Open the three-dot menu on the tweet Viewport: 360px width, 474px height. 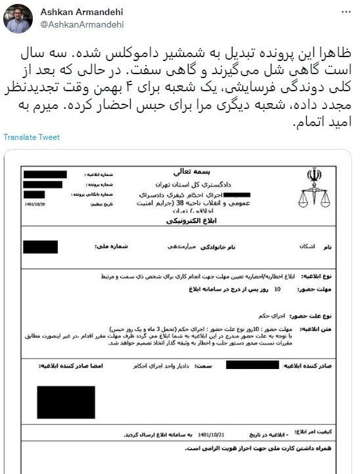pyautogui.click(x=346, y=12)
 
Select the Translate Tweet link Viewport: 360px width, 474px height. pyautogui.click(x=31, y=137)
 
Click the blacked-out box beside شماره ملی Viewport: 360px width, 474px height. pyautogui.click(x=41, y=248)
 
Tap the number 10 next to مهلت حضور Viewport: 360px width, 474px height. pyautogui.click(x=277, y=288)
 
